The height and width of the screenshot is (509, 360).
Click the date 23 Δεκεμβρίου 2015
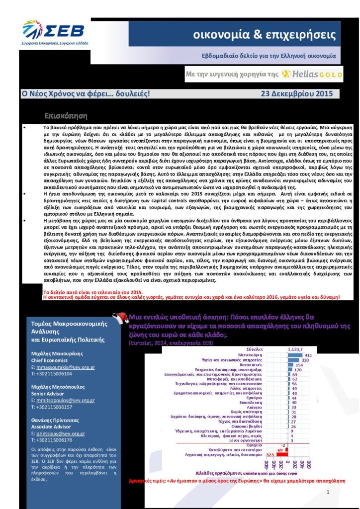(x=293, y=93)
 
